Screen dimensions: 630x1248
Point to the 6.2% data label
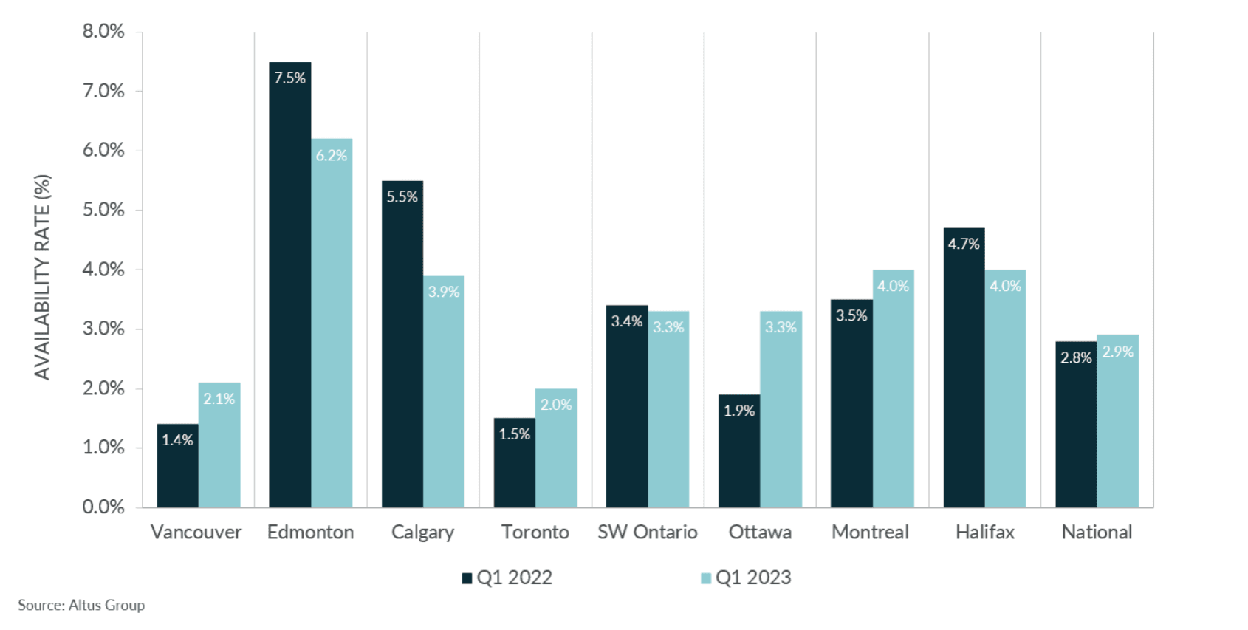click(332, 156)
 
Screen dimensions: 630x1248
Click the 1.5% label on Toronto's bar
click(515, 434)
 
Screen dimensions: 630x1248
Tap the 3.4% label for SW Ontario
click(626, 321)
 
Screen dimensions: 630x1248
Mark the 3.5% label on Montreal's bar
click(851, 315)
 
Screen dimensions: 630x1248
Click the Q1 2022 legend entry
click(508, 578)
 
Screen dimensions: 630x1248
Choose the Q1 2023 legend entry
click(747, 578)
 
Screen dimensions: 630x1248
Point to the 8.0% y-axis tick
click(103, 32)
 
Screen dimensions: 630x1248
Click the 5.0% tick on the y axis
click(103, 210)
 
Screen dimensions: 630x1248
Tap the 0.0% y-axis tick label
click(103, 507)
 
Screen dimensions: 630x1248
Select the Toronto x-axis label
click(535, 533)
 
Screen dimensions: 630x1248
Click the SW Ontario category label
click(647, 533)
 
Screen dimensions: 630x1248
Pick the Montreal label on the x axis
click(870, 533)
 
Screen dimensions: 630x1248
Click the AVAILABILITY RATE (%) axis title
click(42, 277)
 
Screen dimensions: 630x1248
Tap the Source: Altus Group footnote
click(81, 605)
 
